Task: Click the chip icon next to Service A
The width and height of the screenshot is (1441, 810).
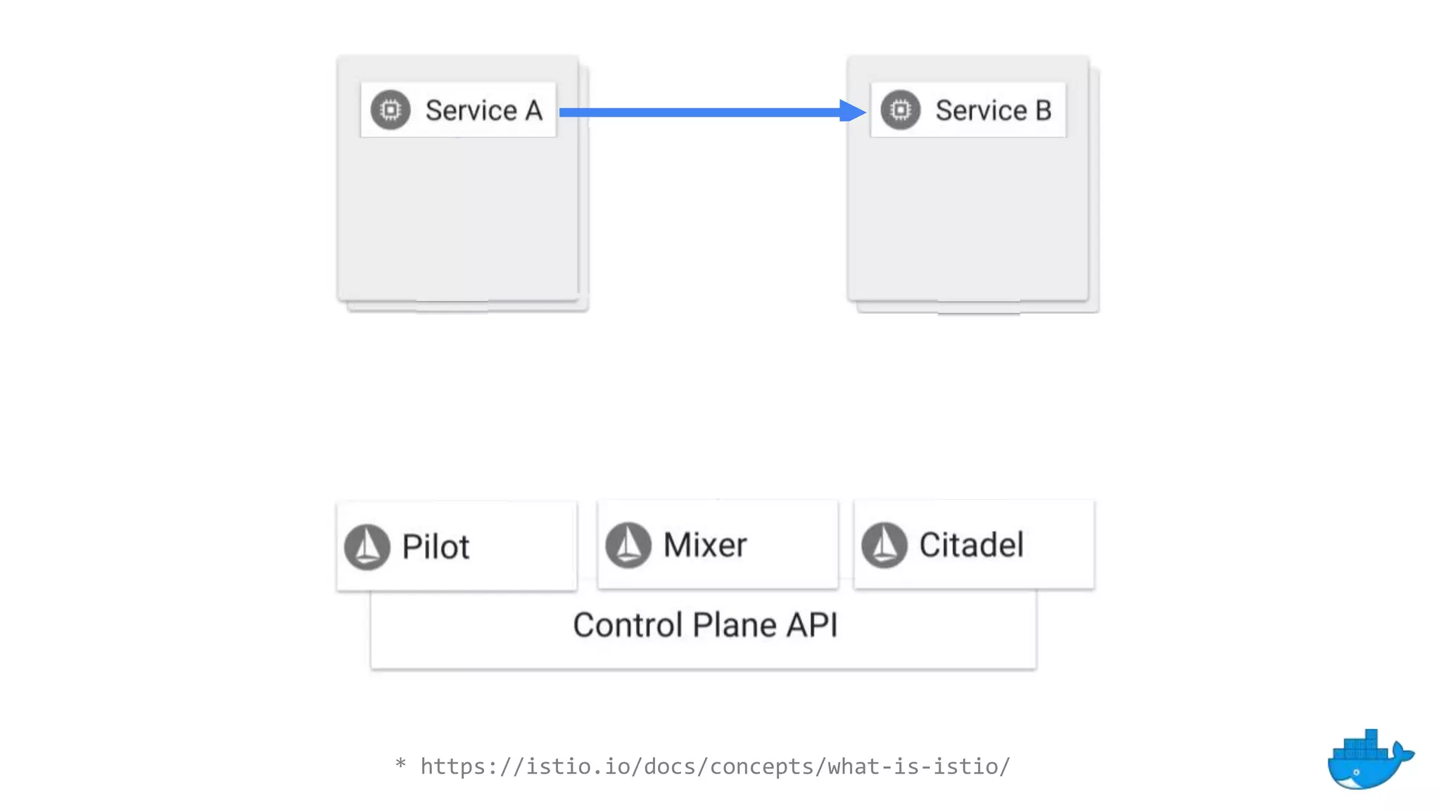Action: pyautogui.click(x=391, y=110)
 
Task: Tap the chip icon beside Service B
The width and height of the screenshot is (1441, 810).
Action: pyautogui.click(x=900, y=110)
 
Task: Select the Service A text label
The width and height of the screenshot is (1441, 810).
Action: pyautogui.click(x=483, y=110)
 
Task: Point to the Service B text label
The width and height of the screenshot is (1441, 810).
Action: pyautogui.click(x=993, y=110)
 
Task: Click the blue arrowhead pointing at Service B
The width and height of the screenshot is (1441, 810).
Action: pyautogui.click(x=853, y=111)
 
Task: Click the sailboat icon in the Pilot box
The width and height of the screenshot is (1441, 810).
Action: pyautogui.click(x=367, y=546)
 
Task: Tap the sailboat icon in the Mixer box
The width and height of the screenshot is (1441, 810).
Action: pyautogui.click(x=628, y=544)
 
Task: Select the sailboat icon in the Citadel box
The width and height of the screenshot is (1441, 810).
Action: pyautogui.click(x=884, y=544)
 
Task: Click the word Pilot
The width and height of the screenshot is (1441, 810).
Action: pyautogui.click(x=435, y=547)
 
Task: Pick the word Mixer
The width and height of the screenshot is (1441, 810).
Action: pyautogui.click(x=704, y=545)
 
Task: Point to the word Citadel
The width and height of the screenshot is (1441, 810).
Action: pyautogui.click(x=971, y=545)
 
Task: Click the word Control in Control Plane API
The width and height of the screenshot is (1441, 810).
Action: pyautogui.click(x=628, y=625)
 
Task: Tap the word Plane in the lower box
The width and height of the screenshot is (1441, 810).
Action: pyautogui.click(x=735, y=625)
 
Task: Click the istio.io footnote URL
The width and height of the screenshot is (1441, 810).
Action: pyautogui.click(x=715, y=766)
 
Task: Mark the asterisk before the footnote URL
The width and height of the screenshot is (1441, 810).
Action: pyautogui.click(x=400, y=763)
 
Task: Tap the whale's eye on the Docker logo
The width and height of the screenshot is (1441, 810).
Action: pyautogui.click(x=1356, y=772)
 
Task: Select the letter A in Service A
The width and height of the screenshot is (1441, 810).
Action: pyautogui.click(x=533, y=110)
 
